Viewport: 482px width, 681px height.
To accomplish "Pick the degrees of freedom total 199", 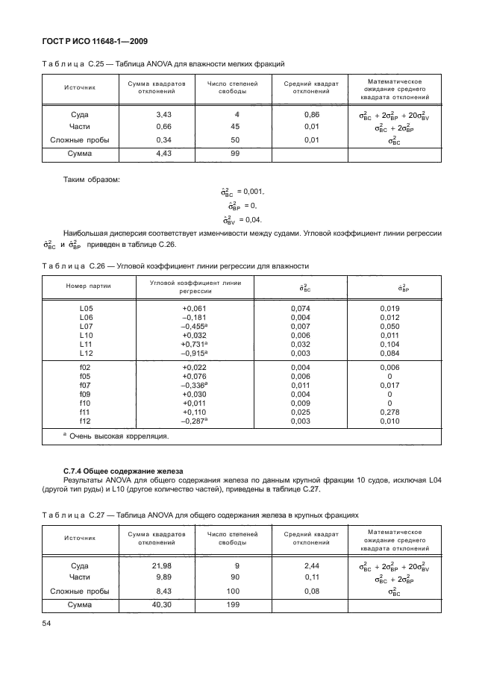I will tap(236, 604).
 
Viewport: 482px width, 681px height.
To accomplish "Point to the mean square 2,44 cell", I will tap(312, 566).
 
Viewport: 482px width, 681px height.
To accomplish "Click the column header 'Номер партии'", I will tap(87, 286).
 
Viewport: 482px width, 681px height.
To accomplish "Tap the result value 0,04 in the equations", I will tap(254, 219).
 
